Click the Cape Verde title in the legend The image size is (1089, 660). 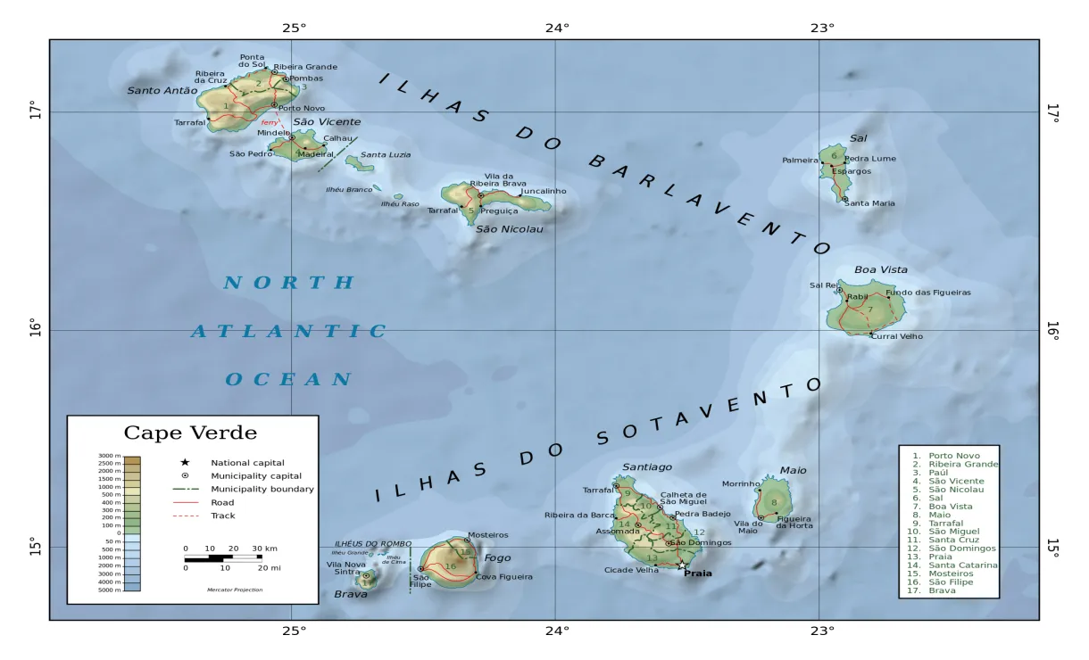coord(190,433)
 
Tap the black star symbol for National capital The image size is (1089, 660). coord(185,462)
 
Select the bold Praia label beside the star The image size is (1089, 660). coord(698,573)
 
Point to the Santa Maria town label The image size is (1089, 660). coord(869,203)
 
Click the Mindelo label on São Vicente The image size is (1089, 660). coord(273,133)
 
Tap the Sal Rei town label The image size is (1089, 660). coord(822,285)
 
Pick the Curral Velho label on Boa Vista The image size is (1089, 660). coord(897,336)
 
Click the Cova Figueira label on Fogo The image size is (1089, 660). coord(504,576)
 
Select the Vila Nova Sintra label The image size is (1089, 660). coord(345,568)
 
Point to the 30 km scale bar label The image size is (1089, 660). coord(264,549)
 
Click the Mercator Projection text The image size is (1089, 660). coord(235,590)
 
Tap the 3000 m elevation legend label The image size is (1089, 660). coord(109,456)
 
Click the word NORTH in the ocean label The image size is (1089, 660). coord(288,284)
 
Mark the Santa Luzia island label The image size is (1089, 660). coord(386,155)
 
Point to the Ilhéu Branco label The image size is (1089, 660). coord(348,189)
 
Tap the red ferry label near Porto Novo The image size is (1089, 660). coord(270,122)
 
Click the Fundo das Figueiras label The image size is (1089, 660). coord(928,293)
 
